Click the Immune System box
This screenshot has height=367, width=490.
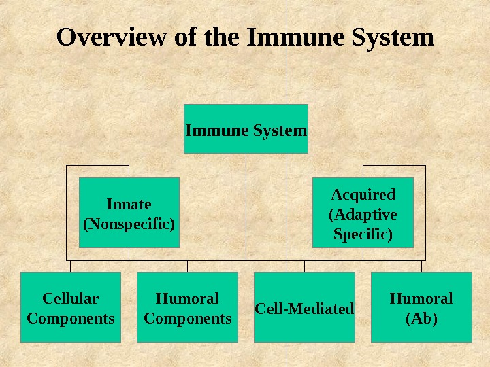click(x=246, y=128)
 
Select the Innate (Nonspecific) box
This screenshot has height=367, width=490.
click(x=129, y=213)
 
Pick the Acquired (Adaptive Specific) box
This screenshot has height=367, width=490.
click(x=363, y=213)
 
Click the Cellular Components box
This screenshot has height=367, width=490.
click(x=71, y=307)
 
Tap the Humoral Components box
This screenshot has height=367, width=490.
click(x=187, y=307)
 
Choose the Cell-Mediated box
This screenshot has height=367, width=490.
click(x=304, y=307)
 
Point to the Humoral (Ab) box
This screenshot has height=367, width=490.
click(x=421, y=307)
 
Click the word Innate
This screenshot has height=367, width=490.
click(x=129, y=204)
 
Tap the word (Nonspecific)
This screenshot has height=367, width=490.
click(x=129, y=222)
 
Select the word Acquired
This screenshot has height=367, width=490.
click(x=363, y=196)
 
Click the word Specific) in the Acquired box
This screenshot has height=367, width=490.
click(x=363, y=234)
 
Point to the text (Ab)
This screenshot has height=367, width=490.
click(x=421, y=317)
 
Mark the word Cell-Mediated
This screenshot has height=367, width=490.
click(x=304, y=309)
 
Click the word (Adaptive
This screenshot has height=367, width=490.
click(x=363, y=215)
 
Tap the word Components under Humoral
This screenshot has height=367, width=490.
click(x=187, y=318)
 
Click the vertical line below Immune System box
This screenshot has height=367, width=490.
click(x=246, y=204)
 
